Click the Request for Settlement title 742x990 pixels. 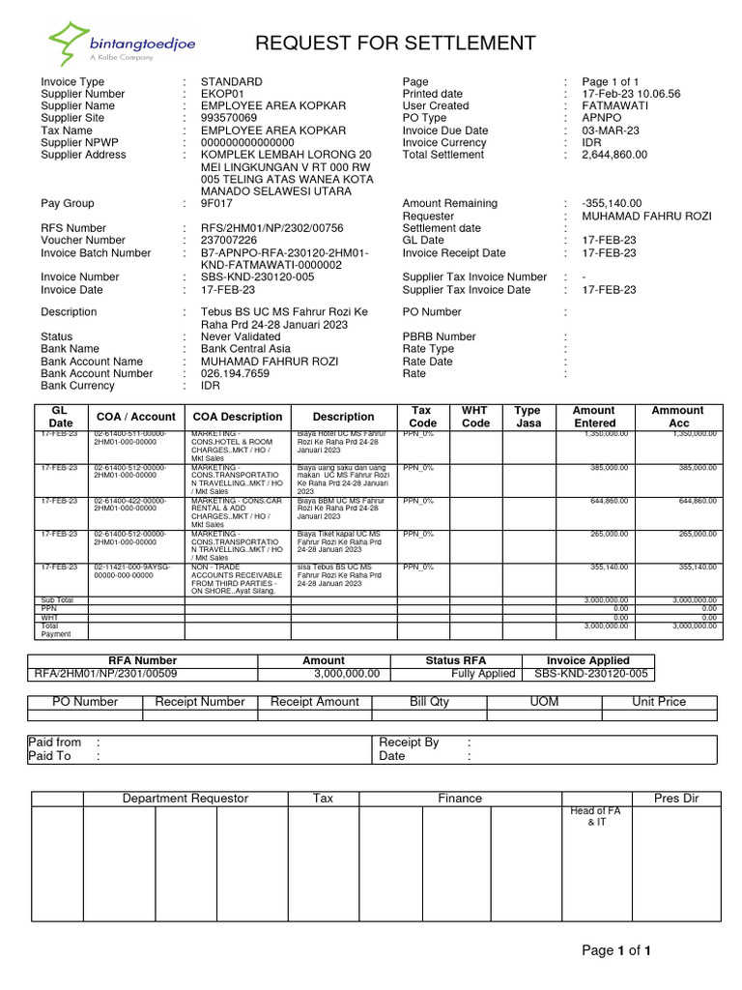pos(394,44)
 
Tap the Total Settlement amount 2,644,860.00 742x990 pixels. pos(614,155)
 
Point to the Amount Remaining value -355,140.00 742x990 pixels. pos(613,204)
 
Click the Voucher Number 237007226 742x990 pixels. pos(229,241)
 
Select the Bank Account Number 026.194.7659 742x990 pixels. pos(235,373)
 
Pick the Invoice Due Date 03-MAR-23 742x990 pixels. pos(609,131)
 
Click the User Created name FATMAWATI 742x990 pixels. pos(614,106)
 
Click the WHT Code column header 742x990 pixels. pos(475,417)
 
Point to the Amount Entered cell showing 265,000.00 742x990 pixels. pos(607,534)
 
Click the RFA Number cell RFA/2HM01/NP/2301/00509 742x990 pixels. pos(106,674)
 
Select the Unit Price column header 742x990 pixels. pos(658,702)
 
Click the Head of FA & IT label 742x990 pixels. pos(595,817)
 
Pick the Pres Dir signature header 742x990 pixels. pos(675,799)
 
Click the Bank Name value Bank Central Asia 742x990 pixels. pos(245,349)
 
